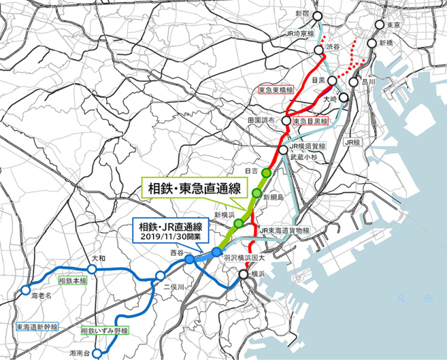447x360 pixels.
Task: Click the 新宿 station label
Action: pos(302,14)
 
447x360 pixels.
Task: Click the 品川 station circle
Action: pos(353,82)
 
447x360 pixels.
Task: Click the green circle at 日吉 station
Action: pos(266,173)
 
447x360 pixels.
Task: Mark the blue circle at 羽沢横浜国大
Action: pos(217,252)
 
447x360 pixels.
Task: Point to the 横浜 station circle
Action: pos(243,275)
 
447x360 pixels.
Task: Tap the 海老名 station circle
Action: pos(25,289)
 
